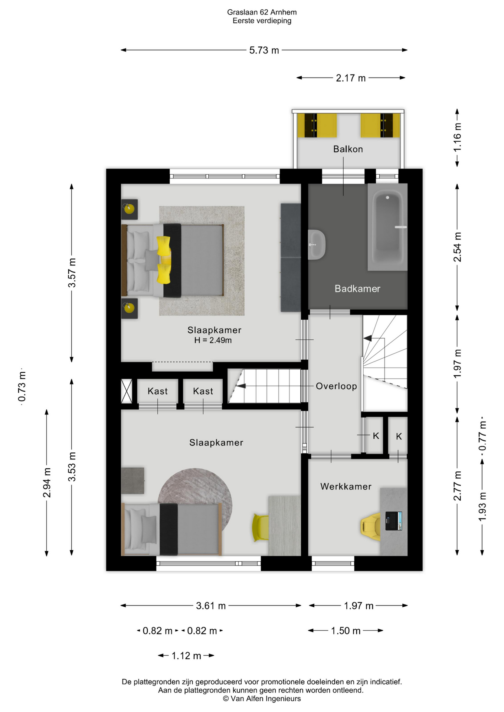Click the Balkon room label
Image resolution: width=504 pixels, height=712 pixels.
tap(348, 149)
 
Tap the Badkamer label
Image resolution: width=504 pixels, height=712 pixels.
tap(357, 289)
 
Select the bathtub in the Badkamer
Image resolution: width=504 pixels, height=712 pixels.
tap(387, 227)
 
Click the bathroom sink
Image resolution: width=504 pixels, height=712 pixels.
tap(317, 244)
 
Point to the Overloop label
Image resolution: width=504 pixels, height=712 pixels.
tap(336, 386)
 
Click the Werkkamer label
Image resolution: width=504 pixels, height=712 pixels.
tap(346, 487)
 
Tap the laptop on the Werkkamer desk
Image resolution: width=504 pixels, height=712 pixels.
tap(393, 521)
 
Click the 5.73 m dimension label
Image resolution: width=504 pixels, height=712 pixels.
tap(264, 50)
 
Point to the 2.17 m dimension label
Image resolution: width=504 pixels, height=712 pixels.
tap(351, 78)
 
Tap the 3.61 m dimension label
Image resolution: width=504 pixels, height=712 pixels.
tap(211, 606)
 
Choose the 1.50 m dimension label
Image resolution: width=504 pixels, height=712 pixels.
tap(346, 630)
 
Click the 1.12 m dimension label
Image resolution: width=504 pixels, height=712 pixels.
tap(186, 656)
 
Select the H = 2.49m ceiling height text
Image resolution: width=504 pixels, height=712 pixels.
tap(213, 340)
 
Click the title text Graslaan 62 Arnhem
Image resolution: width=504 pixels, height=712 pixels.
tap(262, 12)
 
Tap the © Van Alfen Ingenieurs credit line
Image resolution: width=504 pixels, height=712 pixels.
tap(262, 699)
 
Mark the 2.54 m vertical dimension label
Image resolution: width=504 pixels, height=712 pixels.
tap(458, 247)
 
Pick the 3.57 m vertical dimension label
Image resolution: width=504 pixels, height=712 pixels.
tap(72, 273)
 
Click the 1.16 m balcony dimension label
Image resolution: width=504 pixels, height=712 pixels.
tap(458, 137)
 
